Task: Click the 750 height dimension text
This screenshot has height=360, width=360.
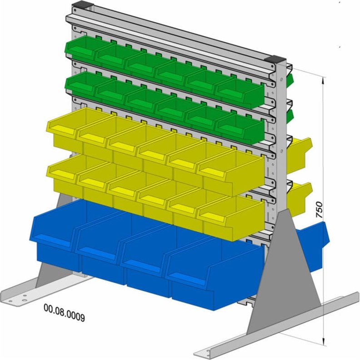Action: (320, 211)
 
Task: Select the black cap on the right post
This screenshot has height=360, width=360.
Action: (278, 60)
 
